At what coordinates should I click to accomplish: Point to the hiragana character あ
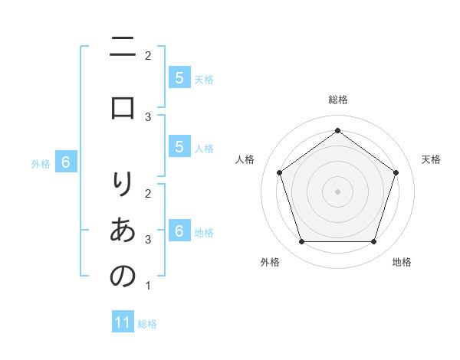pos(123,230)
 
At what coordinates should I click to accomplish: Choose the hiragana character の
pos(123,276)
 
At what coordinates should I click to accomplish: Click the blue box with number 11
pos(123,322)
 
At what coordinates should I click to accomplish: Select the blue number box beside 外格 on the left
pos(66,162)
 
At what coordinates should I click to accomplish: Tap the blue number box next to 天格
pos(179,77)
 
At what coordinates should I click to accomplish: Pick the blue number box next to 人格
pos(179,147)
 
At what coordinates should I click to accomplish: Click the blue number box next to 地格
pos(179,231)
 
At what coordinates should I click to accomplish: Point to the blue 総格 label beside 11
pos(147,324)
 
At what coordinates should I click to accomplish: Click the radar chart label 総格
pos(337,100)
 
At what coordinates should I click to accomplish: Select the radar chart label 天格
pos(431,159)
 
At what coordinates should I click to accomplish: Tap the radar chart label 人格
pos(245,159)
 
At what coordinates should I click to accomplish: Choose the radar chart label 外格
pos(270,262)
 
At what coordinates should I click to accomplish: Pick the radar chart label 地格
pos(402,262)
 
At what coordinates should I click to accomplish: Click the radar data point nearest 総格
pos(337,131)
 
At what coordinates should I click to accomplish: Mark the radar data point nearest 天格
pos(396,172)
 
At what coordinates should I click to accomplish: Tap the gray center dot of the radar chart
pos(337,191)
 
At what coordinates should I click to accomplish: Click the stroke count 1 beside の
pos(148,286)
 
